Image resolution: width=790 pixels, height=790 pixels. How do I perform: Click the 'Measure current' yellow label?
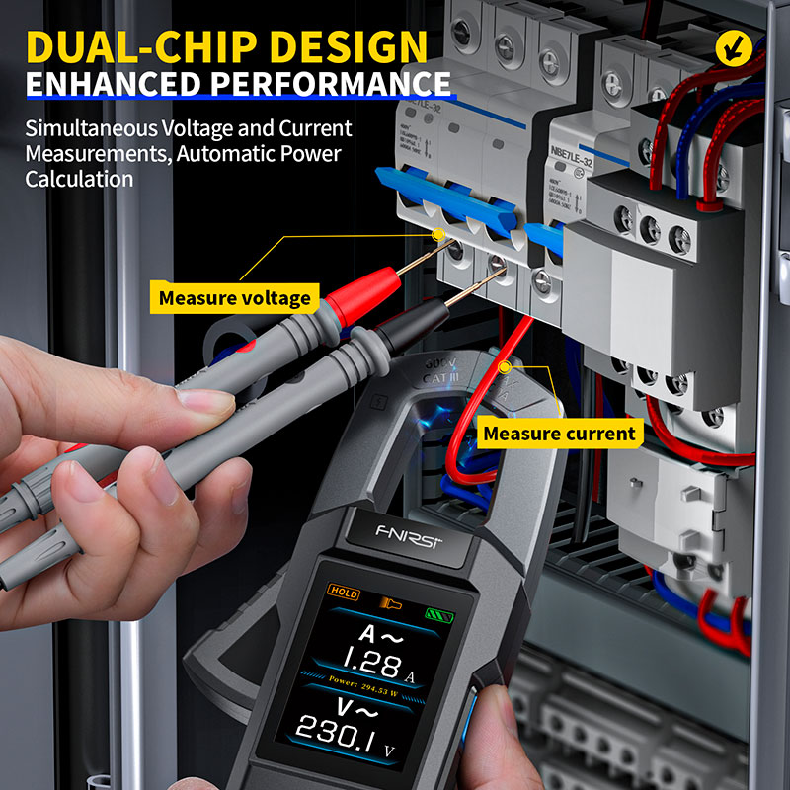point(559,434)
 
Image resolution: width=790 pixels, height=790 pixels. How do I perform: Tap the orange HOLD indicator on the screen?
point(344,594)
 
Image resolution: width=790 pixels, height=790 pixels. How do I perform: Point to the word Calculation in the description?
point(79,180)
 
